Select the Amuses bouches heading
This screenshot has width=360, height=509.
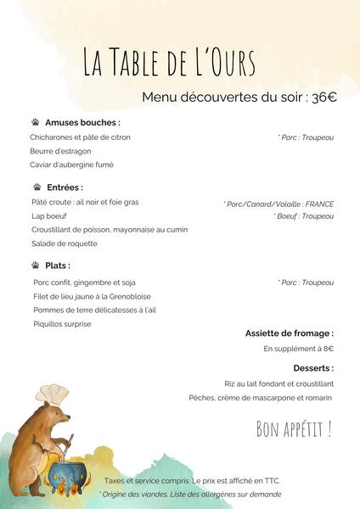point(82,122)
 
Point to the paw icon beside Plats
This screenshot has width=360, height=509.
point(37,266)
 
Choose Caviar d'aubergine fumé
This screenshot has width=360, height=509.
point(71,165)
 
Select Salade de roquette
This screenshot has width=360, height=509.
point(64,243)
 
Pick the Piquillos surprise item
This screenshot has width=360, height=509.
point(62,323)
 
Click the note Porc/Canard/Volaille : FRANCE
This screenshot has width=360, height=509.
point(279,204)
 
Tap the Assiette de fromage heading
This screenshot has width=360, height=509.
point(289,333)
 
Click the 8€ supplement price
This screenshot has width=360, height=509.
point(327,349)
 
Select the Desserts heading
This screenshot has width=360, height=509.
point(313,368)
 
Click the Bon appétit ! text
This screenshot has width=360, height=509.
point(294,429)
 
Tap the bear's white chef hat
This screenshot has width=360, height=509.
point(53,394)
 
